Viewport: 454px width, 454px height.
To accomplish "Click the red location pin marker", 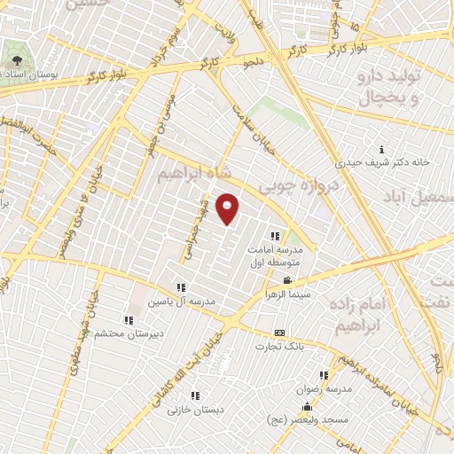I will pyautogui.click(x=228, y=209).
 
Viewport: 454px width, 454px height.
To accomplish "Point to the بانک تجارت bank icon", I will pyautogui.click(x=280, y=333).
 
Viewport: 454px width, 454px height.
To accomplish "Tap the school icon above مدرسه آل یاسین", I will pyautogui.click(x=181, y=287).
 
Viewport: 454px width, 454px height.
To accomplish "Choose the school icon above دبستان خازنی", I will pyautogui.click(x=195, y=396).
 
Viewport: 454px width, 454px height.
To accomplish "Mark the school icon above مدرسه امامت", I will pyautogui.click(x=275, y=236).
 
